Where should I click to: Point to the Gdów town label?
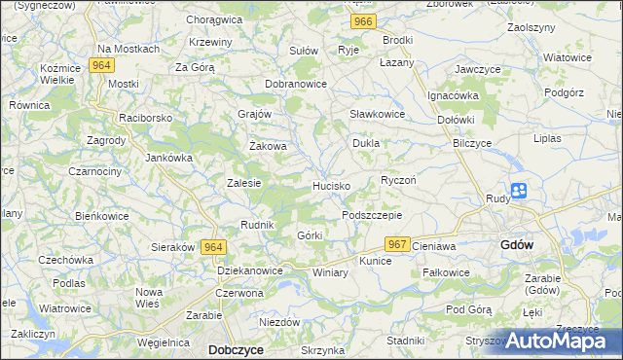click(516, 244)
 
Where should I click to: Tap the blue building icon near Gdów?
click(519, 192)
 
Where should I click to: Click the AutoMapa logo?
click(559, 341)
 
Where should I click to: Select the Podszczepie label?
click(371, 215)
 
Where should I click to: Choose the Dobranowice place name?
click(296, 84)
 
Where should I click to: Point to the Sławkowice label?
click(377, 114)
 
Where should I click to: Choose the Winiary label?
click(330, 272)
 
